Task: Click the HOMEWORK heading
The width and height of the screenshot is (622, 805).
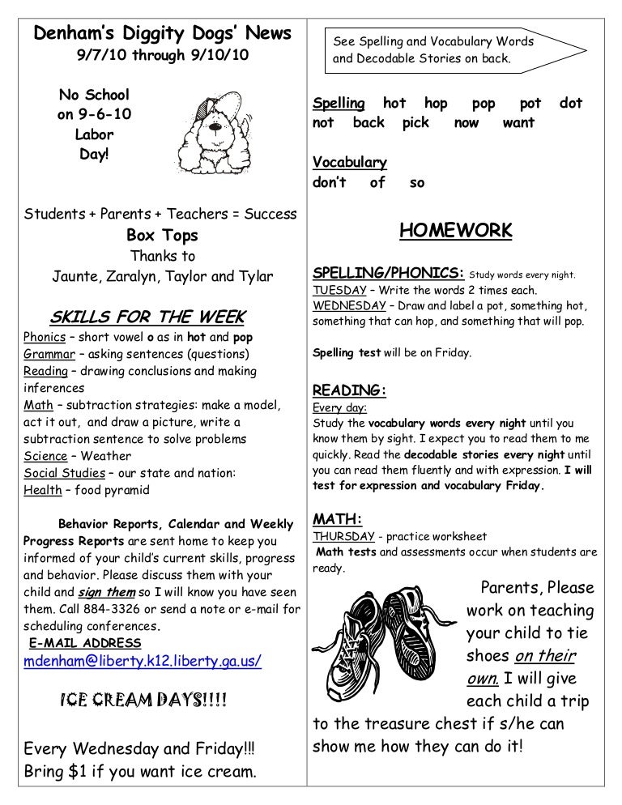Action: (x=456, y=231)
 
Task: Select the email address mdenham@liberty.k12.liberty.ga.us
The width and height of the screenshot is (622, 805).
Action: (x=143, y=660)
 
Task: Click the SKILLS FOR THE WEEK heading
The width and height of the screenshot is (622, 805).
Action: (x=147, y=316)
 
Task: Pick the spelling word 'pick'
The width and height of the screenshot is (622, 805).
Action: (x=415, y=123)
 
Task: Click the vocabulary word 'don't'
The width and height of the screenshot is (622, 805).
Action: (x=329, y=182)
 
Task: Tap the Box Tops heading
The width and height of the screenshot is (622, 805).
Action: (x=162, y=236)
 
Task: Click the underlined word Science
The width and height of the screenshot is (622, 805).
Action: (x=45, y=456)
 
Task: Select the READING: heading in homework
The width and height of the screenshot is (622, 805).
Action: (x=349, y=390)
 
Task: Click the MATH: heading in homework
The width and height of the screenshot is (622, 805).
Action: (x=337, y=519)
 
